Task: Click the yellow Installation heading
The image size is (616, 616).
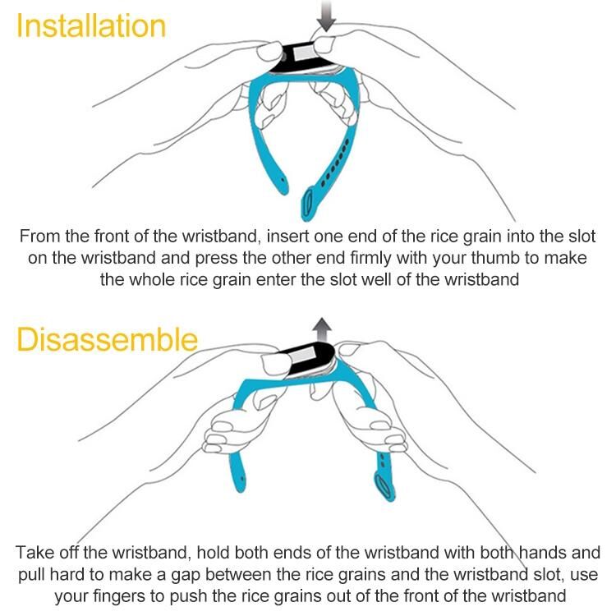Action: point(91,26)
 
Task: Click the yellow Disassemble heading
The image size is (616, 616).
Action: point(107,339)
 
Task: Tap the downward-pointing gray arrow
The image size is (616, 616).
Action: point(326,16)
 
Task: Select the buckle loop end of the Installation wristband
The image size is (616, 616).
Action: point(308,204)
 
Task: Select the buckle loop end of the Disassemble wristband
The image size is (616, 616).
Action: point(383,486)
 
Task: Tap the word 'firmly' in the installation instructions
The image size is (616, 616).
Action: point(370,259)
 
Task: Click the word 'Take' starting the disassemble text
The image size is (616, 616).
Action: point(34,553)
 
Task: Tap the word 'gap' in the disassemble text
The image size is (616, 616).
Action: point(186,576)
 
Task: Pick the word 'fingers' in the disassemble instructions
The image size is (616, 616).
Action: point(117,596)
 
